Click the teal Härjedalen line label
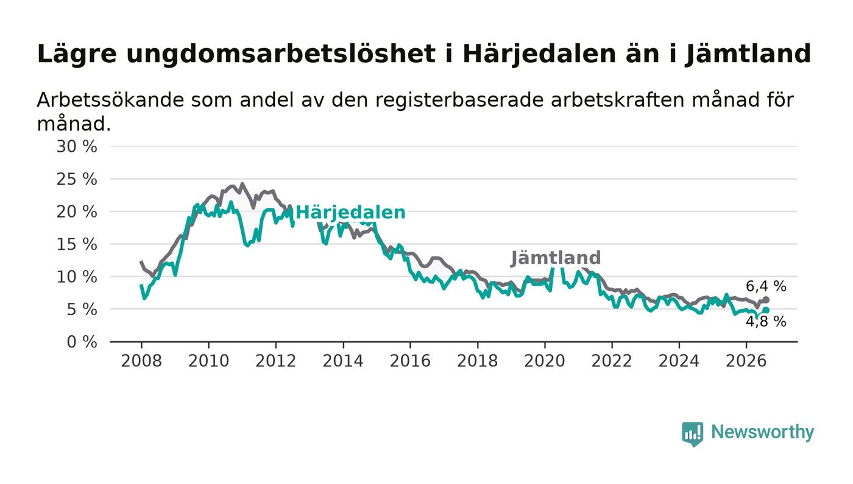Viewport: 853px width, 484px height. click(x=350, y=213)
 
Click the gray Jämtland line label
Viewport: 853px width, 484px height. click(x=556, y=258)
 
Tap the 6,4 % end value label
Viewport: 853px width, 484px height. click(x=766, y=286)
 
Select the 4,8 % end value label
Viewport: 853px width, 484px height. click(x=766, y=322)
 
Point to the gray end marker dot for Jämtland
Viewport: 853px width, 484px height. click(x=766, y=300)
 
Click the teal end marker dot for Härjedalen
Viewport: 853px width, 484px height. click(x=766, y=310)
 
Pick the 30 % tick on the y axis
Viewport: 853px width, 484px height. click(x=77, y=146)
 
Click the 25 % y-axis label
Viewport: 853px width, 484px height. click(x=77, y=179)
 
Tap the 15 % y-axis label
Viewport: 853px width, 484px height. click(x=77, y=244)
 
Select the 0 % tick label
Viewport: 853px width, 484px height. click(x=82, y=342)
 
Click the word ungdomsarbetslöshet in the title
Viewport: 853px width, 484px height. click(x=281, y=54)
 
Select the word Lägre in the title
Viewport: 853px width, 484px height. click(x=77, y=54)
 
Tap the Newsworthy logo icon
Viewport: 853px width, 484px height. click(x=693, y=434)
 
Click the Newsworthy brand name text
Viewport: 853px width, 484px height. click(x=762, y=433)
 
